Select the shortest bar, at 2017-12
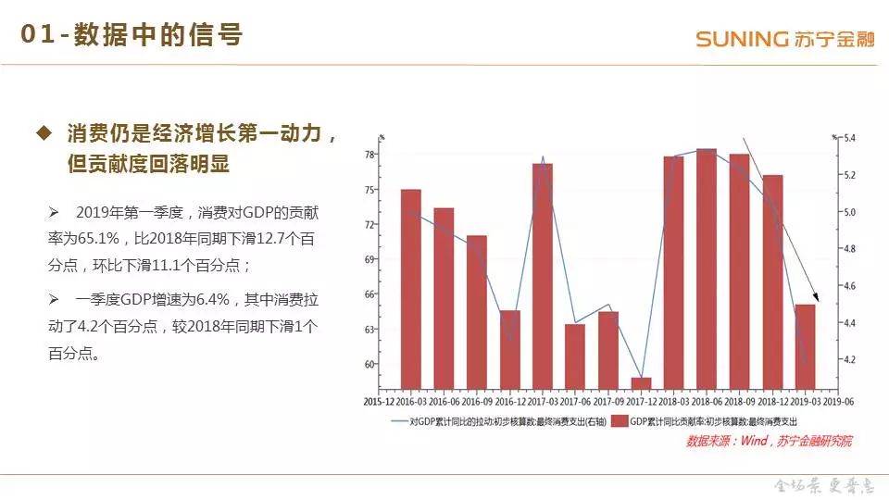tap(642, 382)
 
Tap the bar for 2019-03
tap(806, 346)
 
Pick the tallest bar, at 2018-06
tap(707, 269)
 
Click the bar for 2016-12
tap(509, 349)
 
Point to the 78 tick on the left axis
tap(369, 155)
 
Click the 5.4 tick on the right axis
tap(851, 139)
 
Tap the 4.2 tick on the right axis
tap(851, 359)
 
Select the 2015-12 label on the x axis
tap(378, 401)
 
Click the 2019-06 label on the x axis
tap(839, 401)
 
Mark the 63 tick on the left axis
tap(369, 329)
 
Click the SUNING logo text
tap(741, 39)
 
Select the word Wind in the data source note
tap(753, 442)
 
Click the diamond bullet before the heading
tap(43, 133)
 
